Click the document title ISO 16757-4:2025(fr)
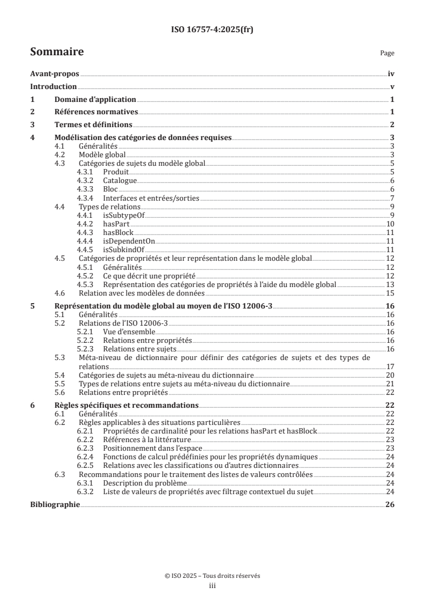[212, 30]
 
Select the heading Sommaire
[57, 52]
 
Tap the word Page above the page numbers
[387, 53]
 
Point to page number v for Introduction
[392, 87]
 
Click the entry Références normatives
[96, 112]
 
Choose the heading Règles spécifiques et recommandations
[126, 405]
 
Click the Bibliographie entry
[55, 505]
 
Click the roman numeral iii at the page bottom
[212, 586]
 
